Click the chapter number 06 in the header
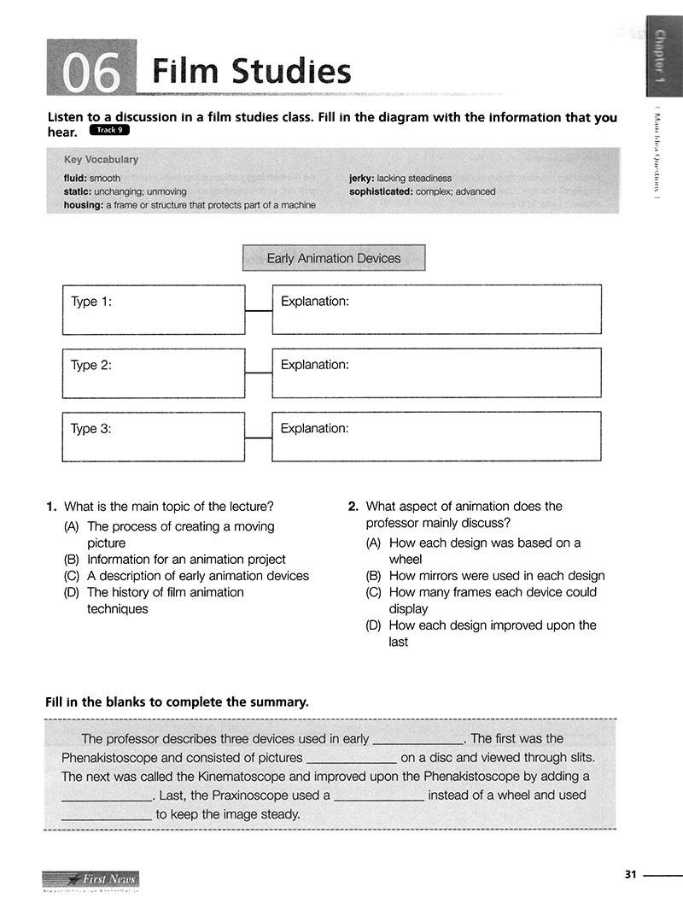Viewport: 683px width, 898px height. click(91, 72)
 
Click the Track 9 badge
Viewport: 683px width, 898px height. click(109, 131)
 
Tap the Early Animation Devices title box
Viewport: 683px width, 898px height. click(334, 258)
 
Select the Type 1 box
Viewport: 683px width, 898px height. click(154, 309)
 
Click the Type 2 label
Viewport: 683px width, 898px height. click(91, 365)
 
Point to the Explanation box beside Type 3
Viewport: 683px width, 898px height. click(436, 436)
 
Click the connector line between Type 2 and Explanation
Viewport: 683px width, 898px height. click(258, 373)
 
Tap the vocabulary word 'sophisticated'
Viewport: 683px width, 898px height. click(380, 191)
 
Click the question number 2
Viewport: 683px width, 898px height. click(353, 507)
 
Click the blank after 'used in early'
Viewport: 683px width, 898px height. click(418, 740)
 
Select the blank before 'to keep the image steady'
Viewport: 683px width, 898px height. click(107, 815)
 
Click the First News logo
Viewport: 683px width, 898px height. click(90, 879)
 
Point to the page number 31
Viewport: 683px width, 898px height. click(631, 874)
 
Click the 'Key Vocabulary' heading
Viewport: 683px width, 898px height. click(101, 160)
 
